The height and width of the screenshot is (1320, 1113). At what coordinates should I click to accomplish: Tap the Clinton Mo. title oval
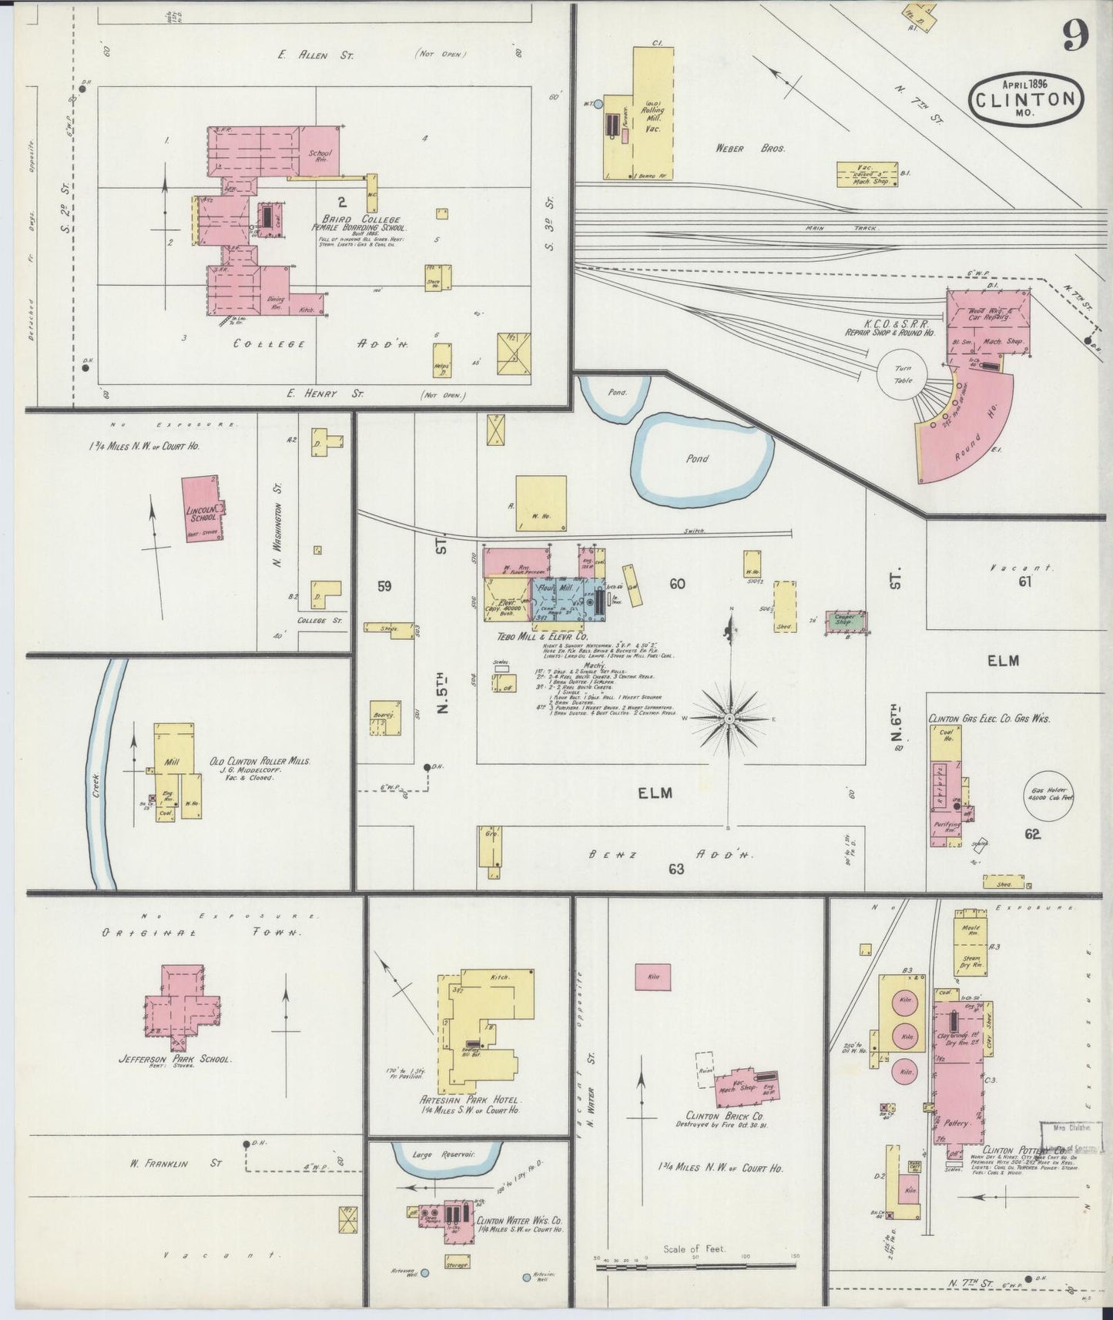[1026, 99]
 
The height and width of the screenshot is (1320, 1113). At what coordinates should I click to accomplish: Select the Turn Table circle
[902, 375]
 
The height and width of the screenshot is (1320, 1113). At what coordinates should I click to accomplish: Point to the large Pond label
[697, 458]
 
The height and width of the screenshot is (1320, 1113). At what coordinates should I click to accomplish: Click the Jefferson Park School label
[174, 1059]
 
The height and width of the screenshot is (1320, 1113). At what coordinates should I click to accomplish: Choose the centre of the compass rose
[729, 719]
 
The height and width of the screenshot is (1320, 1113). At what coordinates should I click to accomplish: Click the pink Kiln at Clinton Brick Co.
[652, 977]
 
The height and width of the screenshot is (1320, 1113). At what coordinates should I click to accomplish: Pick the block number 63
[676, 869]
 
